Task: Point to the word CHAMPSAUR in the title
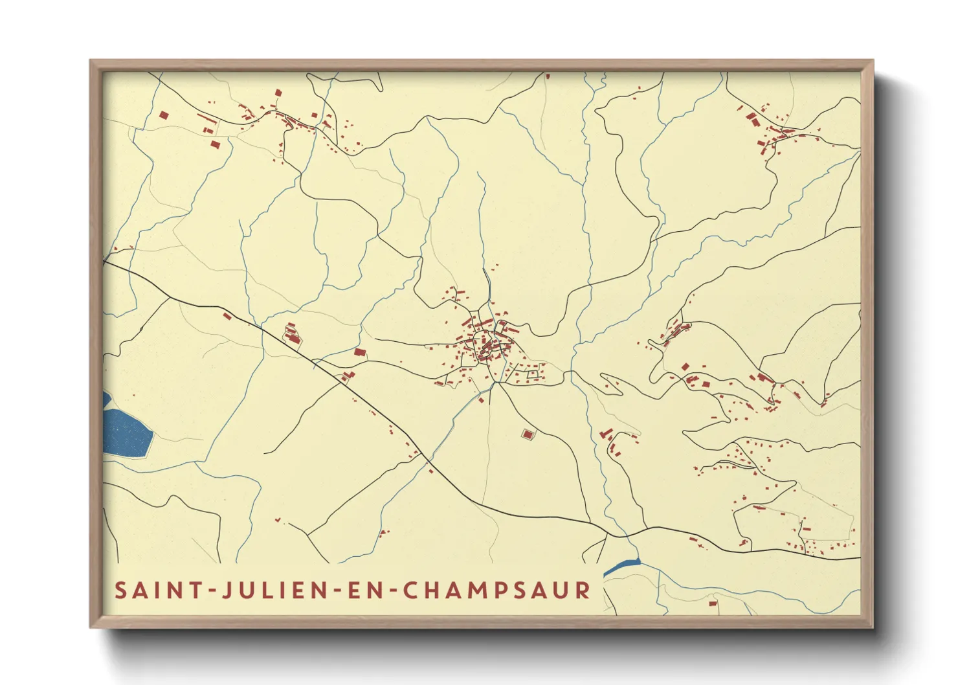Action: [x=496, y=590]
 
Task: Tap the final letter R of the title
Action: [x=583, y=590]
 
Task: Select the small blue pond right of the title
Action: [x=622, y=567]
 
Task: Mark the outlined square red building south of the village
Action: [x=528, y=434]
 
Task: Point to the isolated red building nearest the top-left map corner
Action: [x=163, y=115]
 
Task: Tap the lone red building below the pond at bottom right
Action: [x=713, y=603]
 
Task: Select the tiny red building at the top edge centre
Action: [x=548, y=76]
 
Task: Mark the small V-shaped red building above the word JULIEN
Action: [x=278, y=519]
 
